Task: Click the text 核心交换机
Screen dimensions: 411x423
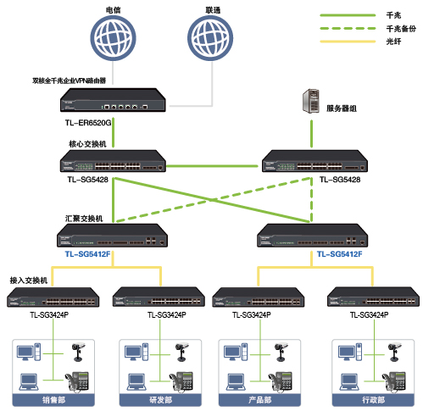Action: pyautogui.click(x=87, y=144)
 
